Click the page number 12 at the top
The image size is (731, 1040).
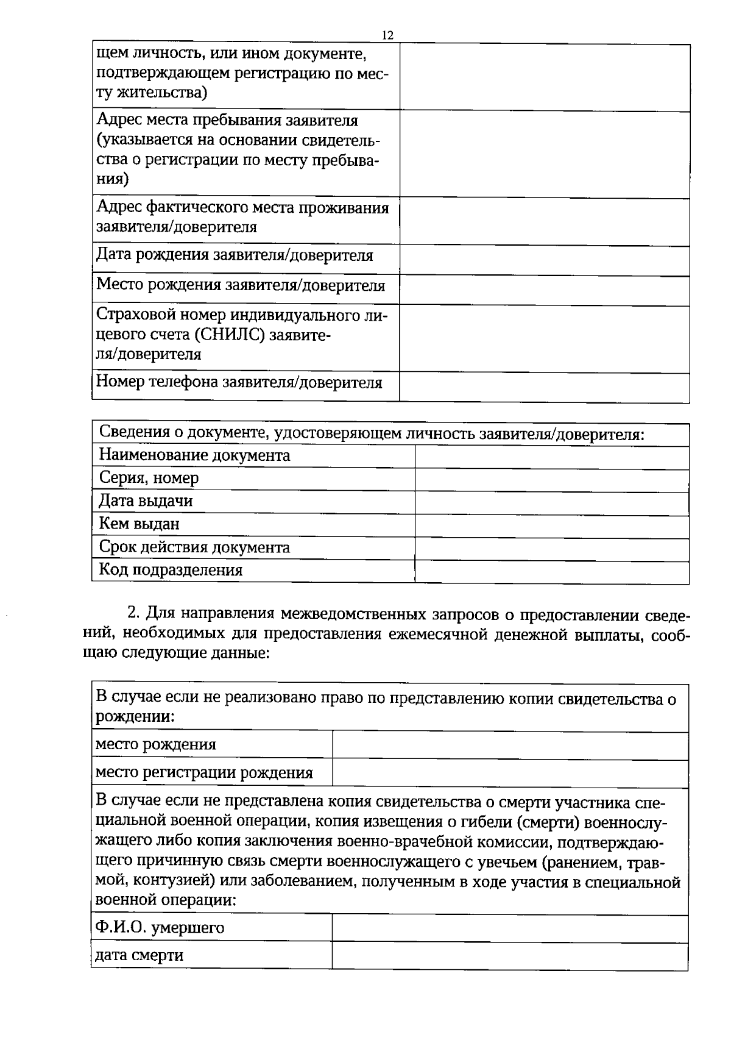click(x=387, y=35)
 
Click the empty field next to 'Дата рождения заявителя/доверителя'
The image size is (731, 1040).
click(x=544, y=260)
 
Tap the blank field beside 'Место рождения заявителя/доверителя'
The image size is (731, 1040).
click(x=544, y=290)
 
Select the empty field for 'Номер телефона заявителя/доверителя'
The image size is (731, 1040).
click(x=544, y=387)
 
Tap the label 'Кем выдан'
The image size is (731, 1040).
click(x=139, y=524)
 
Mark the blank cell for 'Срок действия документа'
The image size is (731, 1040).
click(x=551, y=549)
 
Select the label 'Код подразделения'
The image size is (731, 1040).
click(x=171, y=570)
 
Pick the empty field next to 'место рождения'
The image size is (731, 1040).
click(x=510, y=746)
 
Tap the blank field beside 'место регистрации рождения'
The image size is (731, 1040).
click(x=510, y=773)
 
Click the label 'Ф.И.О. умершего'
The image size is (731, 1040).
click(x=160, y=928)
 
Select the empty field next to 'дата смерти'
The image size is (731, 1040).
click(x=510, y=955)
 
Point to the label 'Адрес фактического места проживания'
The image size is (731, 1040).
click(x=242, y=208)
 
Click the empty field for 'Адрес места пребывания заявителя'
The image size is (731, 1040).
click(x=544, y=154)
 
